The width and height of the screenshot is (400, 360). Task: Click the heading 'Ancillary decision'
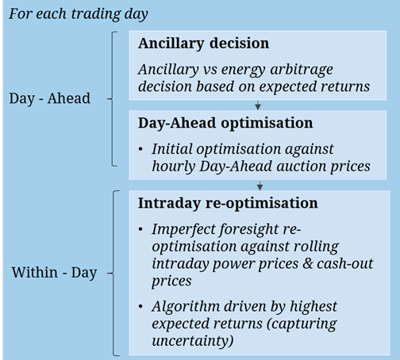point(203,44)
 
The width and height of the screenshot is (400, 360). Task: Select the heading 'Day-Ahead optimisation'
point(225,124)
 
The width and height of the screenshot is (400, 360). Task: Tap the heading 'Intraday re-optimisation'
point(228,203)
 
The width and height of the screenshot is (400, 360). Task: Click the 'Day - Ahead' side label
point(50,98)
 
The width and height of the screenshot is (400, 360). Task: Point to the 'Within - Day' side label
point(54,273)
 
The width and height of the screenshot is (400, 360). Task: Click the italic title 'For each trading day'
point(79,14)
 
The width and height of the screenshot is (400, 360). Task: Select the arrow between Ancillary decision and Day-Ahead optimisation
point(258,105)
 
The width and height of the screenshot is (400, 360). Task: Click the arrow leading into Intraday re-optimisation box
point(260,186)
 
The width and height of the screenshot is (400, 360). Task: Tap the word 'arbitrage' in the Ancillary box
point(302,70)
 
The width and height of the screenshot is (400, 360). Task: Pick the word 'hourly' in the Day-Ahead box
point(174,167)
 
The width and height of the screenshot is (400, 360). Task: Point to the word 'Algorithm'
point(186,307)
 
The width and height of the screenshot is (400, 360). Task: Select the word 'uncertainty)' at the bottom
point(193,341)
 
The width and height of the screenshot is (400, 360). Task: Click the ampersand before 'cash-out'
point(308,263)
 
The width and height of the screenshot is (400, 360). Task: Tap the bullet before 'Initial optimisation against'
point(140,149)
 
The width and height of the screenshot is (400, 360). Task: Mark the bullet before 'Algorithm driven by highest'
point(140,307)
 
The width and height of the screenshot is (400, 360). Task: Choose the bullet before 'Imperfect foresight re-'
point(140,229)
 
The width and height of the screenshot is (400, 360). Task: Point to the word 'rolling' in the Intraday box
point(316,247)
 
